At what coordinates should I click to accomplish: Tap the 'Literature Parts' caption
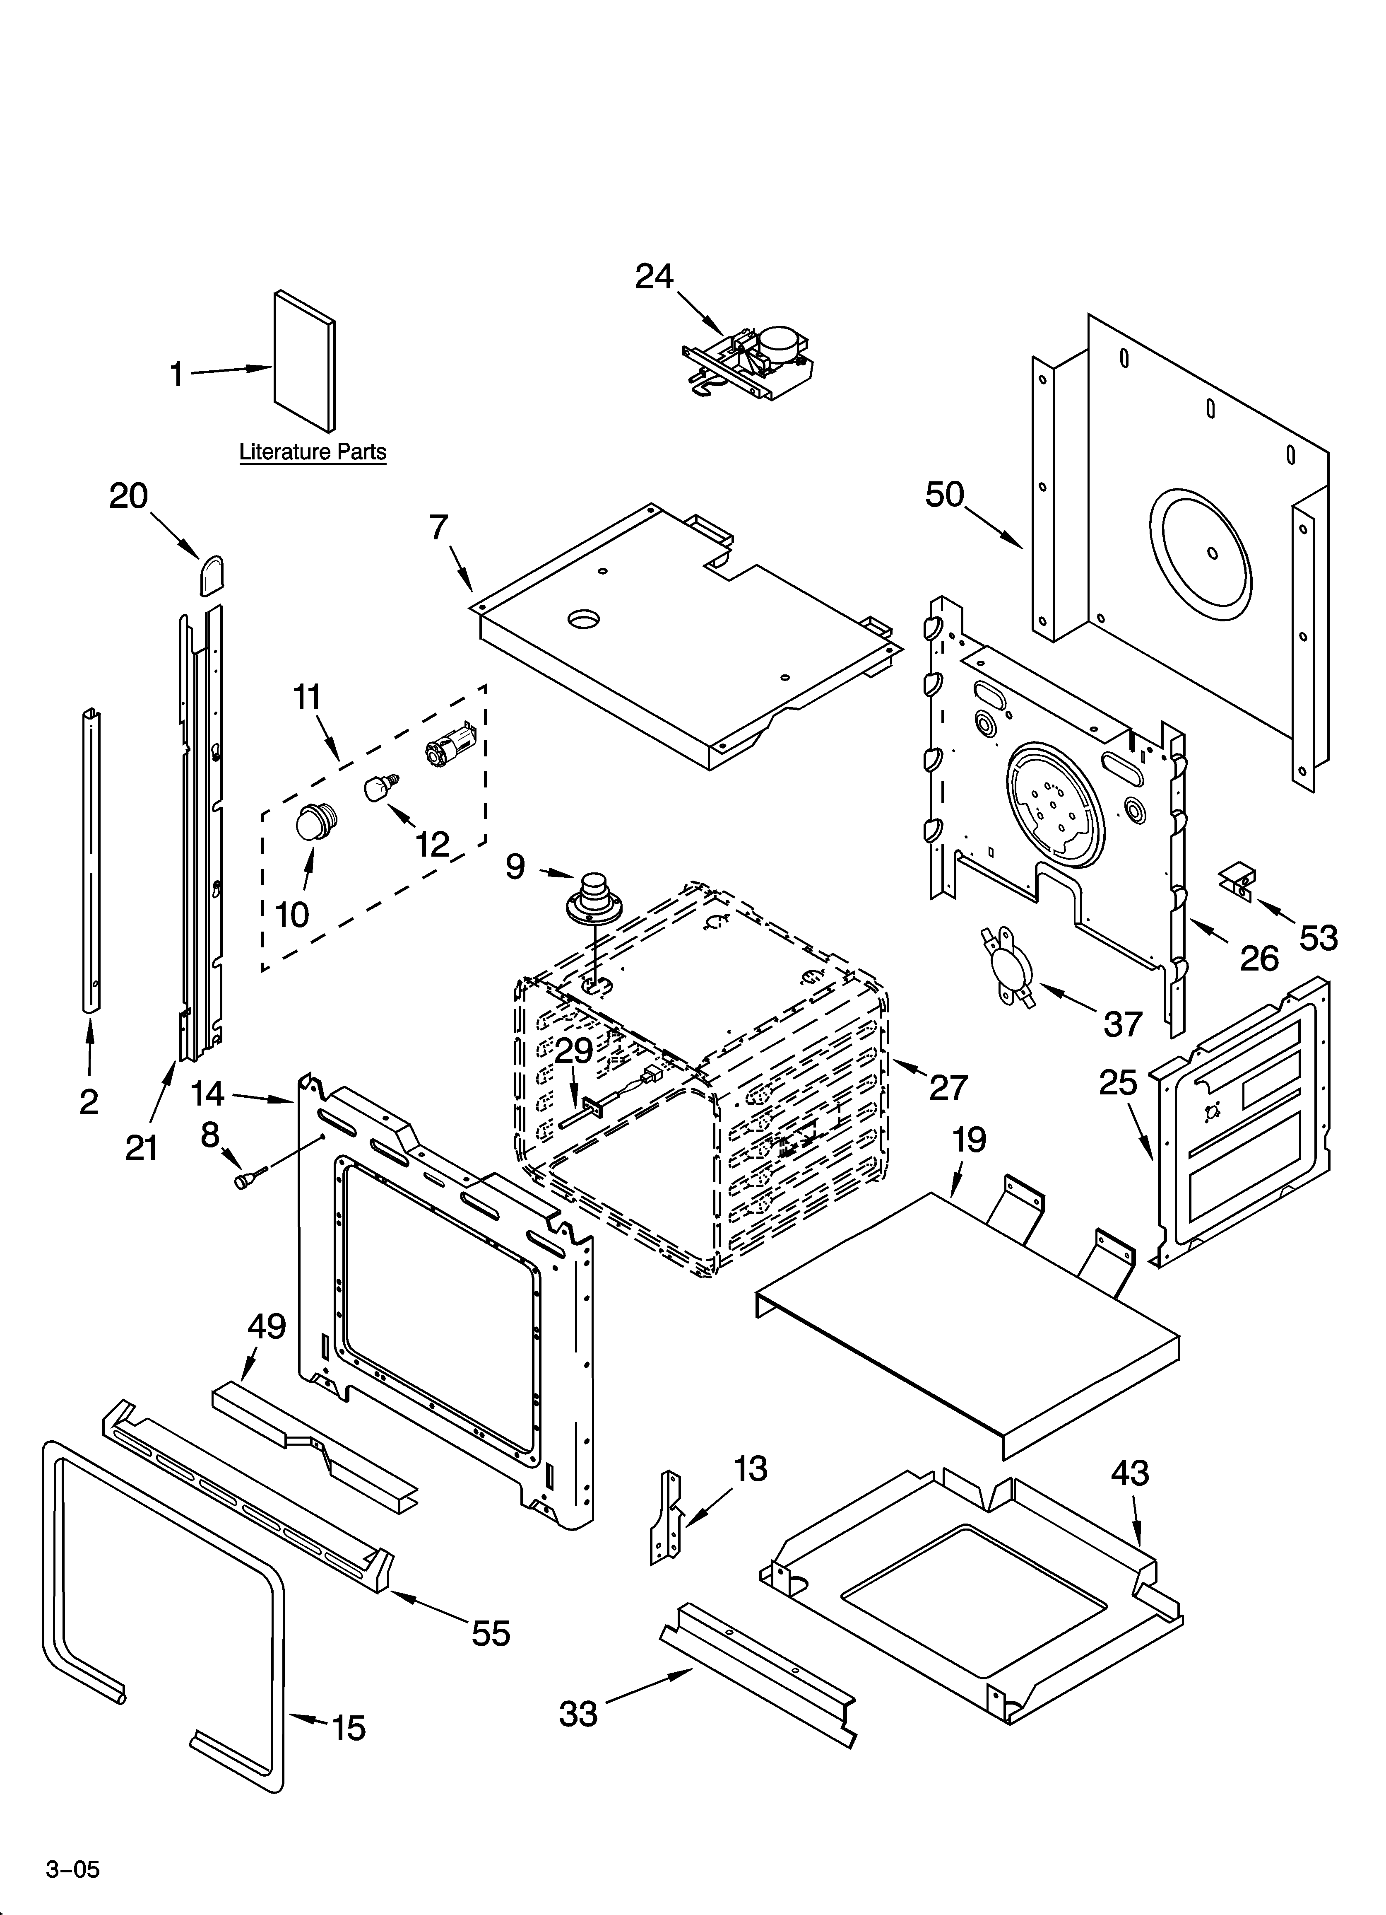pos(312,452)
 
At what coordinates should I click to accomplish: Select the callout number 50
pos(945,495)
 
